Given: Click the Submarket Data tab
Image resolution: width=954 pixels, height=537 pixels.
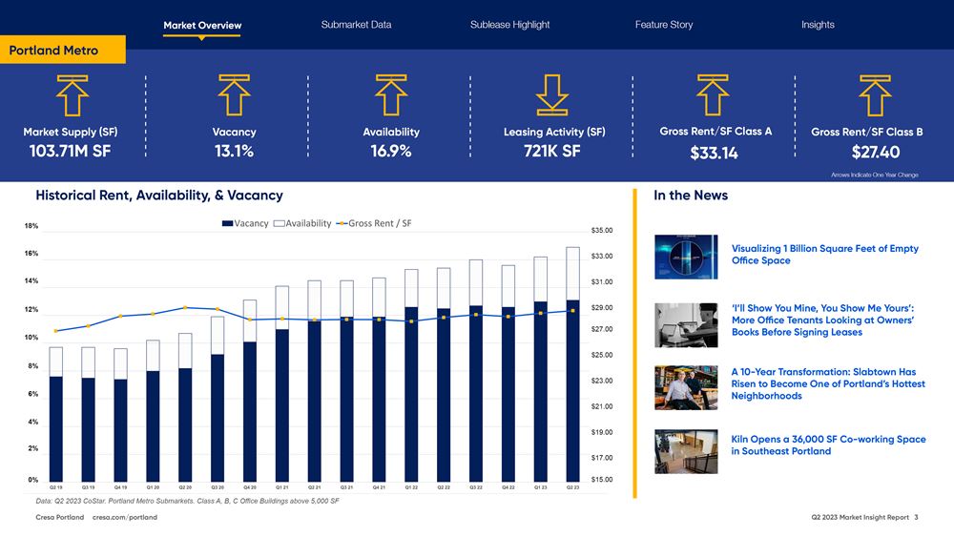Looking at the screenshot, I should (356, 25).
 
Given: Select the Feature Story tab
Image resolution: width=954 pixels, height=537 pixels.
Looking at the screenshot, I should (663, 25).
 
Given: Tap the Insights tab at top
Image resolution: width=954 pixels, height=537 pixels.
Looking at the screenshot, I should (818, 25).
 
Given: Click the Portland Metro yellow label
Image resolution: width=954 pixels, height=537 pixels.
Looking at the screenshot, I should (54, 51).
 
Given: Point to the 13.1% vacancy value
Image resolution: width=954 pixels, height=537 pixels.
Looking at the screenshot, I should (234, 151).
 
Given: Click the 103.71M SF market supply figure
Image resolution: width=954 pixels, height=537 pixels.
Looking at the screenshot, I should (71, 151).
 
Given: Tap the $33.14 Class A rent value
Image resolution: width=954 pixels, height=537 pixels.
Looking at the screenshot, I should (715, 153).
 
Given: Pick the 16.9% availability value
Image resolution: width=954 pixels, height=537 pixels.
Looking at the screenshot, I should (391, 151).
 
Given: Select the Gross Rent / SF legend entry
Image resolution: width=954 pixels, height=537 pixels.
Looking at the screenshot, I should (374, 223).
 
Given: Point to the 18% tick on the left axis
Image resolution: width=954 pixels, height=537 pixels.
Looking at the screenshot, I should (31, 226).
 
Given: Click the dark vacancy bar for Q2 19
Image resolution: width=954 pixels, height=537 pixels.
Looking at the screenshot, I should (56, 427).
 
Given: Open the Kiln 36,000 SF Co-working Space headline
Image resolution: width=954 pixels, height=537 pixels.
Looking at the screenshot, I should (828, 445).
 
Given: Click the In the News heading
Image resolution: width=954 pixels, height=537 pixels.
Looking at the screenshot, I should (691, 196).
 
